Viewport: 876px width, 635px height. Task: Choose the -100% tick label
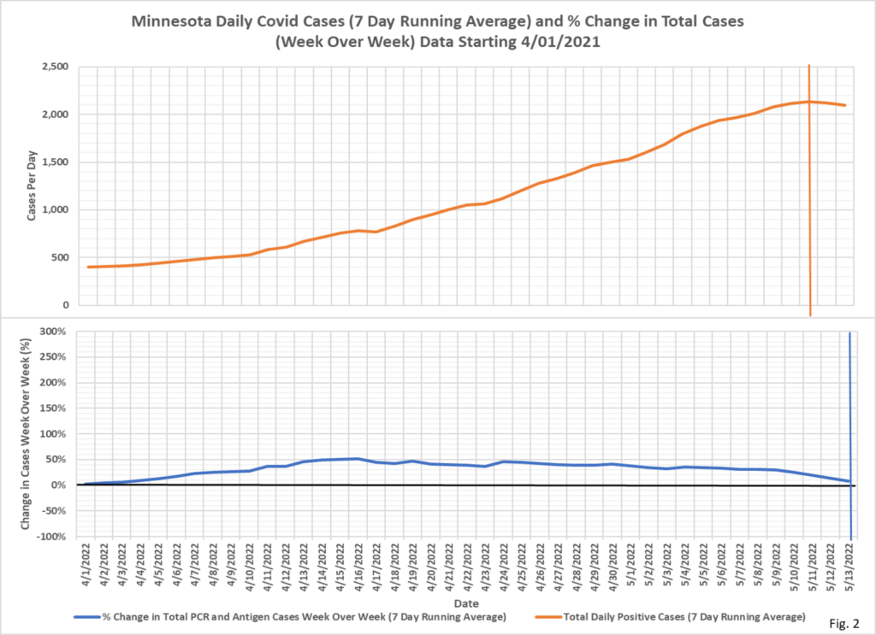click(53, 537)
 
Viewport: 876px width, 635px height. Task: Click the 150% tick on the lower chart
click(56, 409)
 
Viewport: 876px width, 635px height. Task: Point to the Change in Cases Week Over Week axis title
click(27, 433)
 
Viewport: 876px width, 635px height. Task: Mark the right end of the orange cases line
click(846, 105)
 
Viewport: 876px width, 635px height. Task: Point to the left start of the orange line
click(88, 268)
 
